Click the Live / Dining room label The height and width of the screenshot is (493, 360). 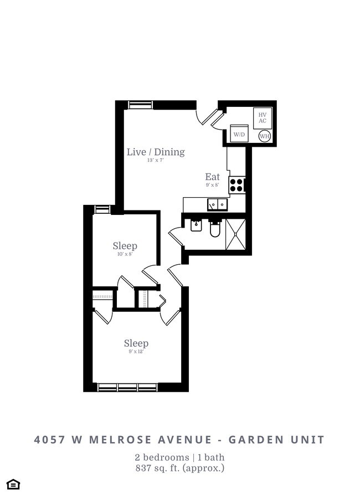(x=155, y=152)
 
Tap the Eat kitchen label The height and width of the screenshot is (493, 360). (x=213, y=177)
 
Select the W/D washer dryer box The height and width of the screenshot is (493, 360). (x=239, y=134)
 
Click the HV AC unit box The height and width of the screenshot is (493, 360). (x=263, y=118)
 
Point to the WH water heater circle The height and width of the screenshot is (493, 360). (x=264, y=136)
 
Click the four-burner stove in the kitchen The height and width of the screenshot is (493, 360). (x=237, y=184)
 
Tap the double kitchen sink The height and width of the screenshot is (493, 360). (x=218, y=204)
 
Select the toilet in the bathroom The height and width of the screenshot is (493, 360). (x=215, y=229)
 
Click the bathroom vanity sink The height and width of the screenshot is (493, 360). (x=196, y=225)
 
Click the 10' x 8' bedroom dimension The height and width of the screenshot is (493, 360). (x=125, y=254)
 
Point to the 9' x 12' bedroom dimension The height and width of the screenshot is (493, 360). (x=136, y=351)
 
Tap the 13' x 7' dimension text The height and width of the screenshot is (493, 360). (x=155, y=161)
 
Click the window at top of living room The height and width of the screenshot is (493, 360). (x=141, y=105)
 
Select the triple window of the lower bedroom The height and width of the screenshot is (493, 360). (x=127, y=387)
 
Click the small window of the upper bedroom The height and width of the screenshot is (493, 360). (x=102, y=209)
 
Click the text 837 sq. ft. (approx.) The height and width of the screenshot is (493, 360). (x=179, y=468)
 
